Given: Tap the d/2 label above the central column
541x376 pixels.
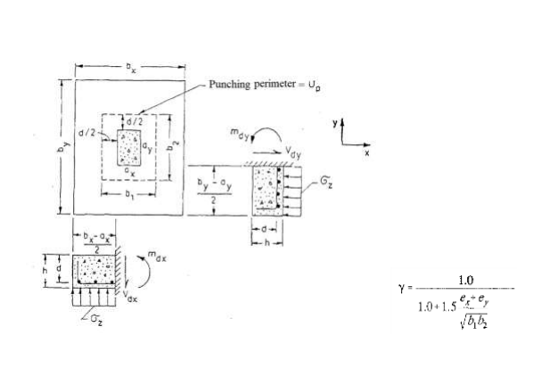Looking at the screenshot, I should [x=133, y=121].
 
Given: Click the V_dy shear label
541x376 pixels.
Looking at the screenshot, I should [x=293, y=154].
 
